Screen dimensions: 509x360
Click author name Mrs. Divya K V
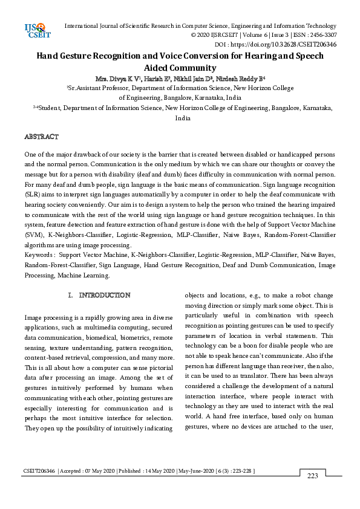(117, 79)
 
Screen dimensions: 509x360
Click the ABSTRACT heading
(41, 137)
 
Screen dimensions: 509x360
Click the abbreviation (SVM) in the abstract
(33, 233)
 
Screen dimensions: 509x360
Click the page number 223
(312, 493)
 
